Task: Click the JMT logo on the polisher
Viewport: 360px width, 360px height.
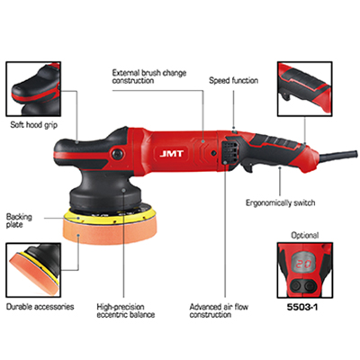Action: pyautogui.click(x=171, y=154)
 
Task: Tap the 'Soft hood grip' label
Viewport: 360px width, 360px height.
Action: pyautogui.click(x=33, y=125)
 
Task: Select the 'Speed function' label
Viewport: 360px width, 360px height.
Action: pyautogui.click(x=233, y=80)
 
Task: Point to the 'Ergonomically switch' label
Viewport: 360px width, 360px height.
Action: pyautogui.click(x=281, y=202)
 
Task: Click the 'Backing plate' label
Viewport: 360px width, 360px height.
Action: pyautogui.click(x=19, y=220)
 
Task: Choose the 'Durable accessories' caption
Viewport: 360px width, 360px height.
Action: pyautogui.click(x=40, y=307)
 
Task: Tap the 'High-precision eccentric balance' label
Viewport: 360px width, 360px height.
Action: pyautogui.click(x=126, y=310)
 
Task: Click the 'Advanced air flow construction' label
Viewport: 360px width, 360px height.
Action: pyautogui.click(x=219, y=310)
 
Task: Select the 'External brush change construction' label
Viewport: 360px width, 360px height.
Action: pyautogui.click(x=149, y=76)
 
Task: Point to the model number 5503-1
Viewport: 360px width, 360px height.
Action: pyautogui.click(x=302, y=307)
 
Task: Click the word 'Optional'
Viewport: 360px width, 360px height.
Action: pyautogui.click(x=305, y=235)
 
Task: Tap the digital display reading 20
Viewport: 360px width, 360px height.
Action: pyautogui.click(x=304, y=265)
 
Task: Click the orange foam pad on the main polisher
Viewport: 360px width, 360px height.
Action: pyautogui.click(x=111, y=230)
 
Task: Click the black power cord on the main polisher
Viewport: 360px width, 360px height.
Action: pyautogui.click(x=338, y=156)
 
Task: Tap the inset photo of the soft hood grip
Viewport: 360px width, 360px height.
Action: pyautogui.click(x=33, y=89)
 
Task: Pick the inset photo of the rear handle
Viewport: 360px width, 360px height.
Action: pyautogui.click(x=305, y=89)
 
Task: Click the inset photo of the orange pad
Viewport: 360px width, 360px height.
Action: pyautogui.click(x=33, y=270)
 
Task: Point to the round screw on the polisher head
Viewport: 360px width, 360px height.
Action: pyautogui.click(x=116, y=154)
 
